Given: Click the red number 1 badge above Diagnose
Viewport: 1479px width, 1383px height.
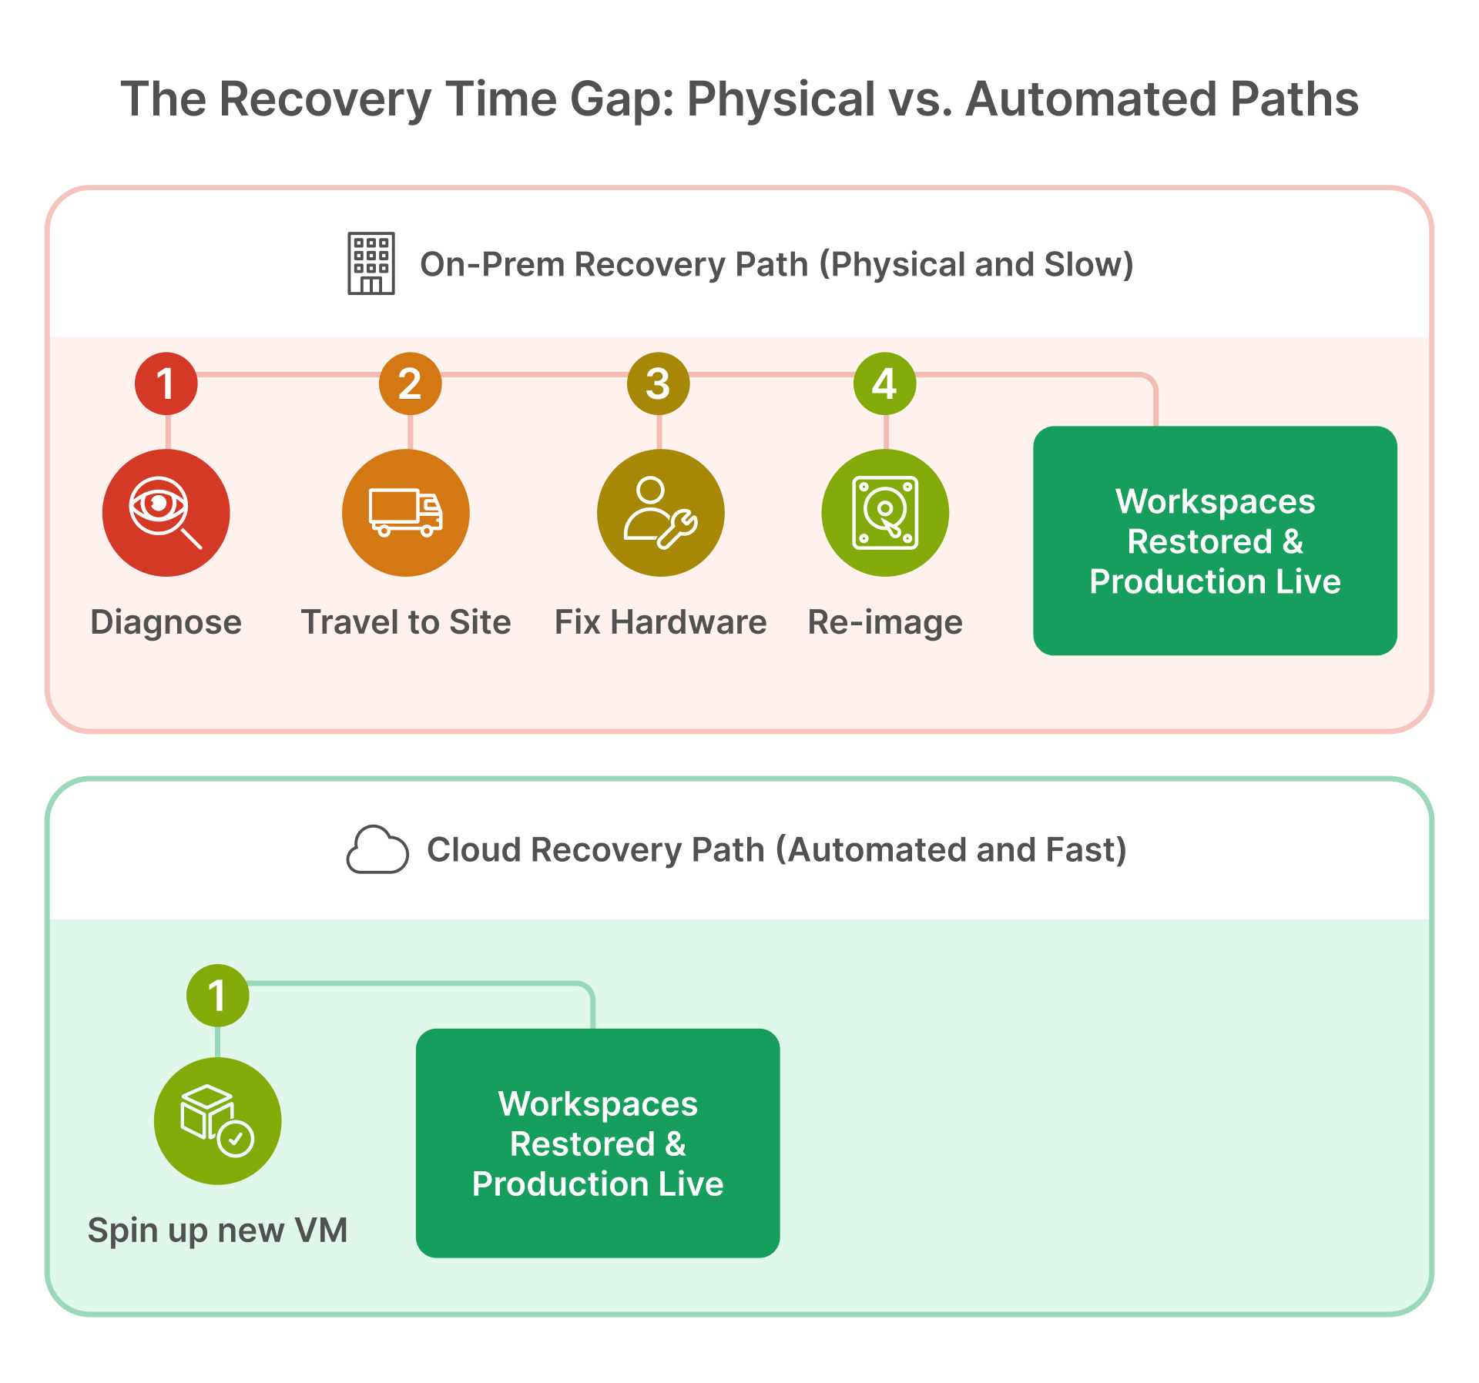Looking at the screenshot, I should (x=166, y=383).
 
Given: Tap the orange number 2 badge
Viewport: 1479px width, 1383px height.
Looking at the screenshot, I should (x=410, y=383).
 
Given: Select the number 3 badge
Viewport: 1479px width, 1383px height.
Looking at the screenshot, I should (x=658, y=383).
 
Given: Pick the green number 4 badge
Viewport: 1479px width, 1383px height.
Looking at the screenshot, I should (x=884, y=383).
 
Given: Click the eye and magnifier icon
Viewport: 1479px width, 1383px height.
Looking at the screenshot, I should (x=166, y=513).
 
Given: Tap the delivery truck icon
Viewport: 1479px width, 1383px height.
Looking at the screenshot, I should (x=406, y=513).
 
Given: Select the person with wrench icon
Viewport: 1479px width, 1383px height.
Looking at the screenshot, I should (x=660, y=513).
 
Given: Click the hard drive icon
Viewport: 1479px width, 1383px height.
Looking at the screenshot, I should (x=885, y=513).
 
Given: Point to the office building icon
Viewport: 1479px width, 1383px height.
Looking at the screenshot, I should (x=371, y=263).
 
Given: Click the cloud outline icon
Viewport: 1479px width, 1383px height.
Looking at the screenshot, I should (x=377, y=849).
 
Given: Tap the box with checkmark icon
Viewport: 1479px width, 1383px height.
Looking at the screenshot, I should (x=217, y=1120).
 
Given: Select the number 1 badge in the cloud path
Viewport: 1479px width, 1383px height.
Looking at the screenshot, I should (x=217, y=995).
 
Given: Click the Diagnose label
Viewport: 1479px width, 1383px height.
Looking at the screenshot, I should (x=166, y=622).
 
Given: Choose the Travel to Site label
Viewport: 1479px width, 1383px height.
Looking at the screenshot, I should (x=406, y=622).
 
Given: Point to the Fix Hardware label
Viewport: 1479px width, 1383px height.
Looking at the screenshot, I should (x=660, y=622).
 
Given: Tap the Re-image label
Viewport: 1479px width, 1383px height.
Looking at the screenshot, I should (x=885, y=622).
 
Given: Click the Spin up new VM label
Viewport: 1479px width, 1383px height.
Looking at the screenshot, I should (x=217, y=1230).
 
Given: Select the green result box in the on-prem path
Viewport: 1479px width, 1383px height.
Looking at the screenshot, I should (x=1215, y=541).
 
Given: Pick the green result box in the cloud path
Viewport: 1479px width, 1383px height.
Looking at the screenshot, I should (x=598, y=1144).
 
